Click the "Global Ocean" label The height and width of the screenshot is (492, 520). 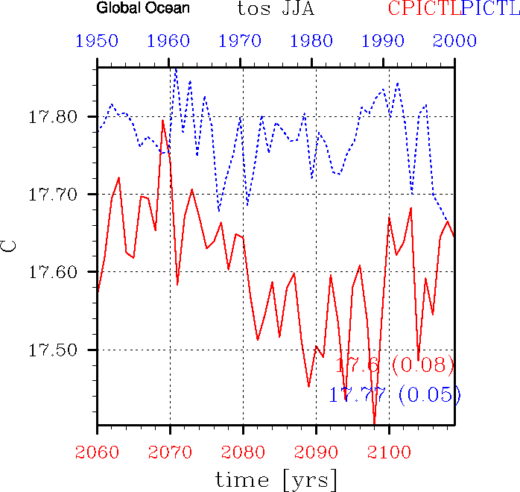point(143,9)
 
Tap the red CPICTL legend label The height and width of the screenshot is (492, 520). point(423,9)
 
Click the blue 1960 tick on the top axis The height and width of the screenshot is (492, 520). point(169,41)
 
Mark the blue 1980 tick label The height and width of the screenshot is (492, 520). point(313,41)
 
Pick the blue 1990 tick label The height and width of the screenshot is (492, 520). point(384,41)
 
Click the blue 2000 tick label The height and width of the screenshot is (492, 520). point(455,41)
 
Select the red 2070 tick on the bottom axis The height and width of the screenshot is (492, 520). point(169,451)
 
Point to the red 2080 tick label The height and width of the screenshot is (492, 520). point(241,451)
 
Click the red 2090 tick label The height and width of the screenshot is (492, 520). point(313,451)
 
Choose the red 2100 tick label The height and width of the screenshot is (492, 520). point(384,451)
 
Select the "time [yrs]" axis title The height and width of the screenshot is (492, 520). point(276,478)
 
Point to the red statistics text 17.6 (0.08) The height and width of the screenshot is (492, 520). point(394,365)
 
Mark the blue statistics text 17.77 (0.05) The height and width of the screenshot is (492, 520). point(394,395)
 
